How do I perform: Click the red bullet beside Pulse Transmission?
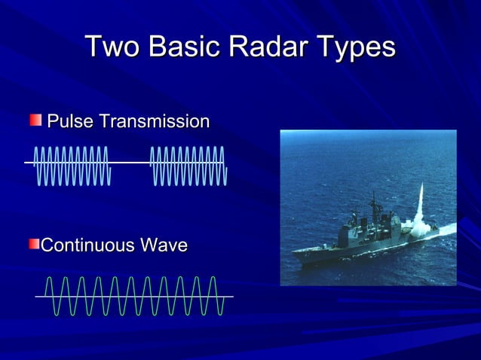point(35,121)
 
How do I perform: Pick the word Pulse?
point(70,121)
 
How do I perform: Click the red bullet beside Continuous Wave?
point(34,246)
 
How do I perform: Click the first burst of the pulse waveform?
point(72,165)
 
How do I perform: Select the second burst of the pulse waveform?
point(188,165)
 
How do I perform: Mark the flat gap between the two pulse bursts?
point(130,163)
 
